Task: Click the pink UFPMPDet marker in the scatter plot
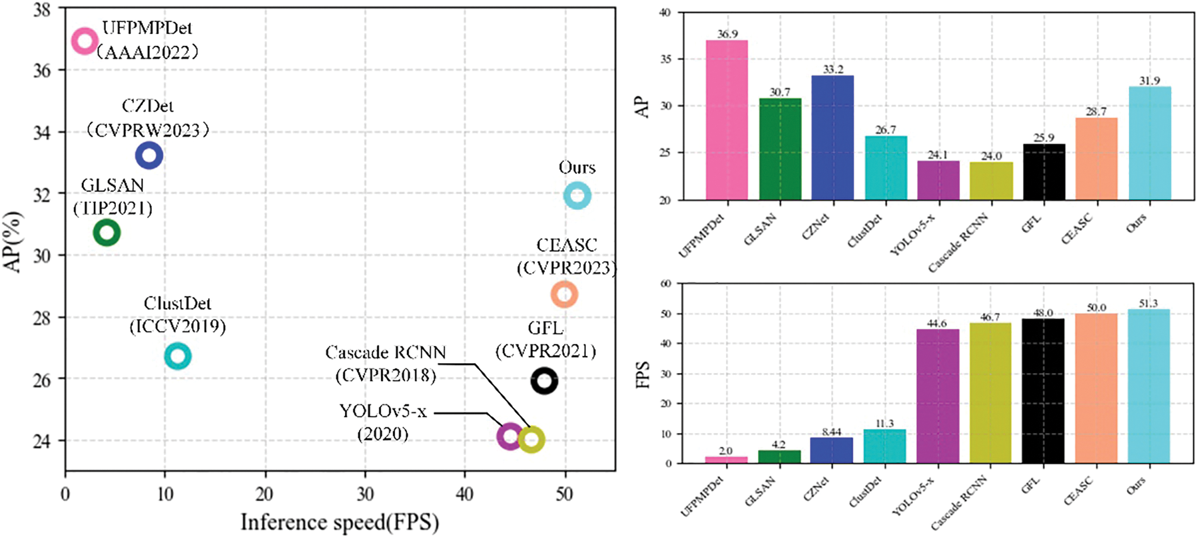click(84, 41)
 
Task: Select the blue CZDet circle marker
click(149, 154)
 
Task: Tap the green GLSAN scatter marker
click(106, 233)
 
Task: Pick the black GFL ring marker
click(544, 381)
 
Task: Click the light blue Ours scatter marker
click(577, 195)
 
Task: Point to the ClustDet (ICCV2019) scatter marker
click(178, 356)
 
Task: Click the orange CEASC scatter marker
click(564, 294)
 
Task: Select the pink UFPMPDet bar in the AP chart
click(726, 120)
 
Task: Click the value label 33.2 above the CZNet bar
click(833, 69)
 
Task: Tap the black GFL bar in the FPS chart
click(1043, 391)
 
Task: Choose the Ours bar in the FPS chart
click(1148, 386)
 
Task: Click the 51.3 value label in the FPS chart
click(1148, 304)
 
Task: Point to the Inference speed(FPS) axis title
click(340, 523)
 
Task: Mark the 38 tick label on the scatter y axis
click(43, 10)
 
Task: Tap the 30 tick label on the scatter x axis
click(365, 494)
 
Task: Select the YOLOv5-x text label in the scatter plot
click(383, 412)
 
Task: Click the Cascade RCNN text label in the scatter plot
click(386, 352)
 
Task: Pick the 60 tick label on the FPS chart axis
click(665, 284)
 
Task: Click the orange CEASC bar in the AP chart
click(1096, 159)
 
